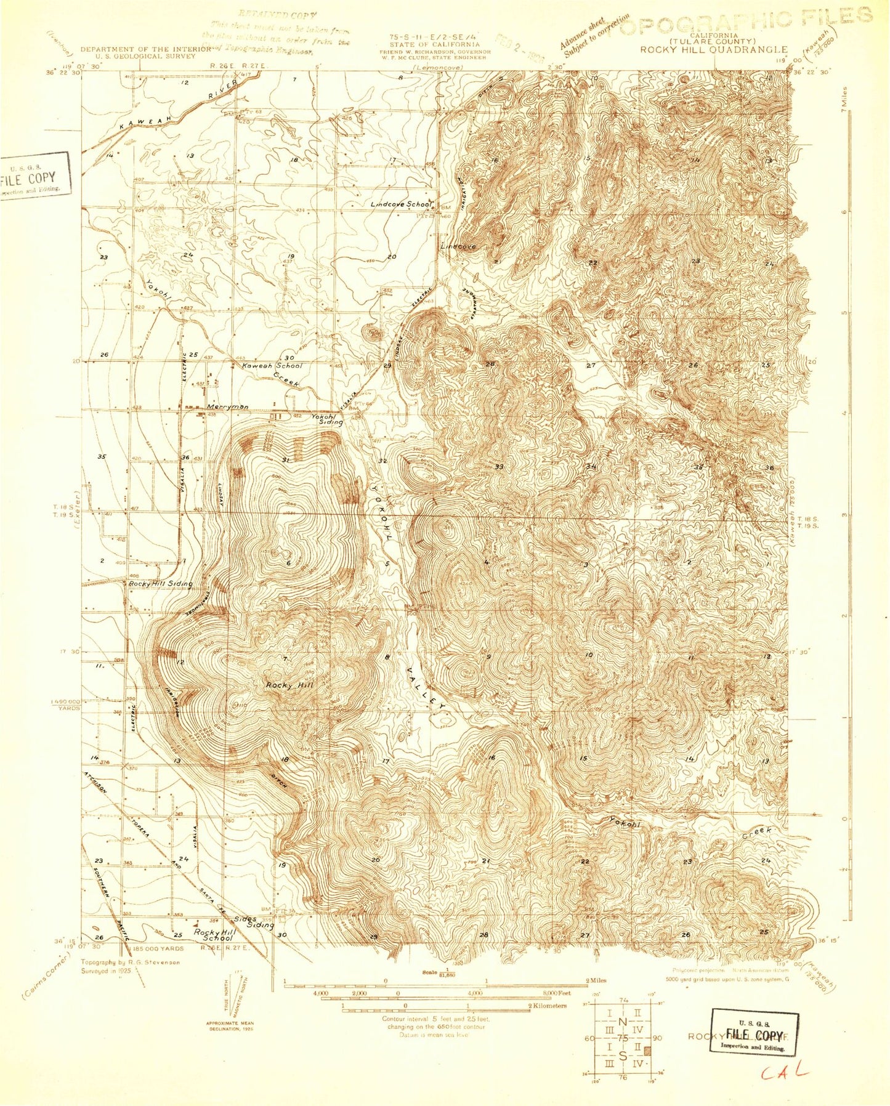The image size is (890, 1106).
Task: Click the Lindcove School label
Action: coord(402,204)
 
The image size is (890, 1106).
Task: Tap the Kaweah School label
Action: coord(272,366)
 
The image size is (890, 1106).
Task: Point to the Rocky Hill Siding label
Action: coord(160,583)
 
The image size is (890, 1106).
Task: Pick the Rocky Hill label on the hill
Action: coord(289,685)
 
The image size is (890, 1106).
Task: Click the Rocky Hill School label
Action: coord(214,934)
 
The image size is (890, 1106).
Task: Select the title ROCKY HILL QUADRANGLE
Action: coord(714,49)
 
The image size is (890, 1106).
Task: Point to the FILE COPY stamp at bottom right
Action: coord(754,1033)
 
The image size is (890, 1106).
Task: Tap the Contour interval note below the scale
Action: coord(431,1027)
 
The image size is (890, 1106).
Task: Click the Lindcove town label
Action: coord(458,246)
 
